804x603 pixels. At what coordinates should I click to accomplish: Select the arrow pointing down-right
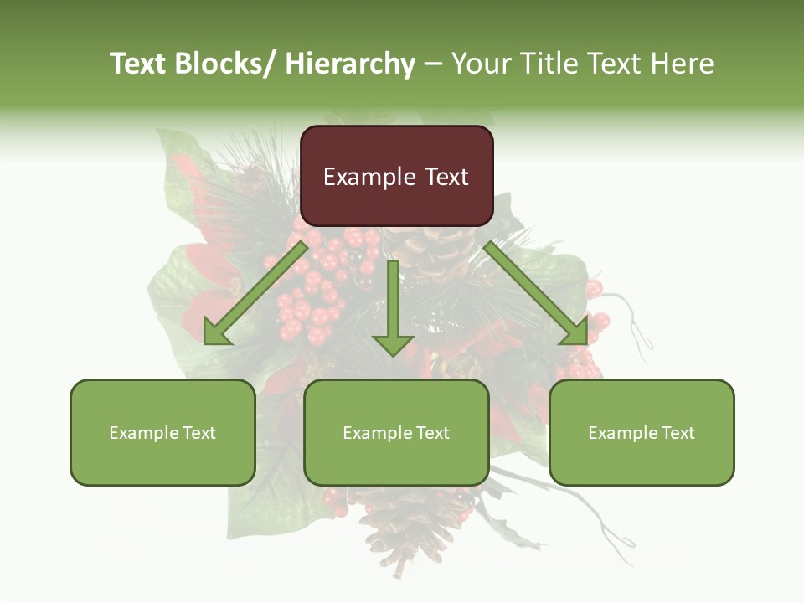[x=536, y=293]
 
